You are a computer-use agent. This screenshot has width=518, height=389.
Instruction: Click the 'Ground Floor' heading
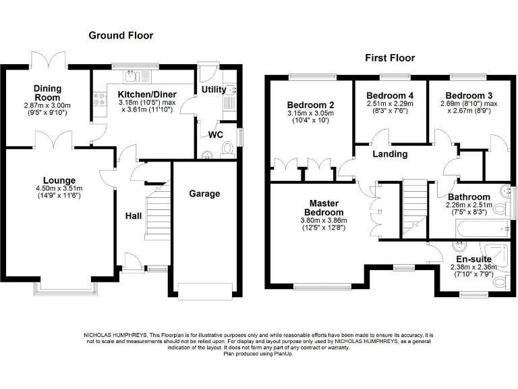121,35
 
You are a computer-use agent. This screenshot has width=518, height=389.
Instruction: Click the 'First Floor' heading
390,57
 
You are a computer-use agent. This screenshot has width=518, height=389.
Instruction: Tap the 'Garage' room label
204,194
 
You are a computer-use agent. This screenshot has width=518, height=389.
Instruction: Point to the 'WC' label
216,134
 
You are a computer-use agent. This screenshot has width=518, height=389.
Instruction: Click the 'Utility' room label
214,89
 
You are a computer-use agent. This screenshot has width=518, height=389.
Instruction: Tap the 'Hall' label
134,215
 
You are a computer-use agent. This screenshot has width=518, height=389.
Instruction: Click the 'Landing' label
391,154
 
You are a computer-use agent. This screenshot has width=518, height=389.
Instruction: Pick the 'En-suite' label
473,259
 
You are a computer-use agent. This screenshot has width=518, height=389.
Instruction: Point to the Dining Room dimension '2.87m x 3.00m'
47,105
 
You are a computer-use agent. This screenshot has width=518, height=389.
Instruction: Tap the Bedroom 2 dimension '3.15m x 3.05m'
311,113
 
